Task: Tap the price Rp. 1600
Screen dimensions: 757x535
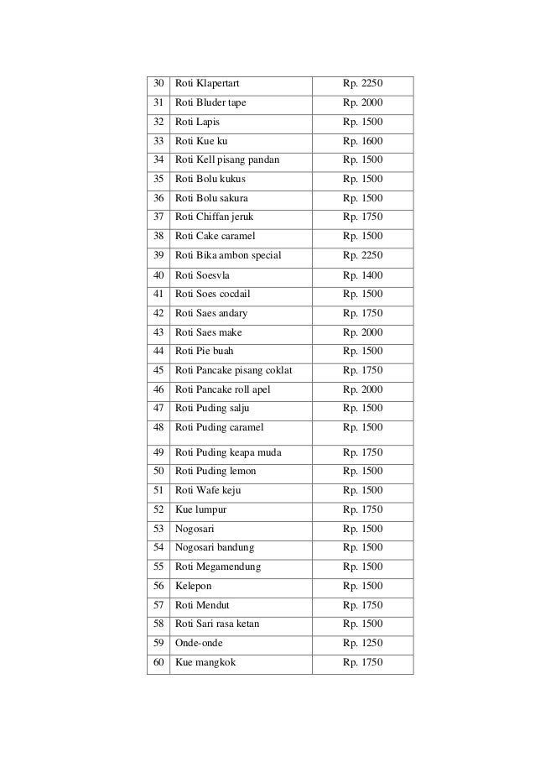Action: pos(362,141)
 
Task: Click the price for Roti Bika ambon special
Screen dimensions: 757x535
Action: pos(362,255)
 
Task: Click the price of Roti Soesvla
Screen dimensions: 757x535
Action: pos(362,275)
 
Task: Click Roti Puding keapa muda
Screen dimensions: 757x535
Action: pos(228,453)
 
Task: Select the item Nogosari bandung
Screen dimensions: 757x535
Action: pos(216,547)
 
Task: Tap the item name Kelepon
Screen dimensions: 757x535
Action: pos(194,586)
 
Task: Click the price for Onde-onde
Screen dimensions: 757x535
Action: pos(362,643)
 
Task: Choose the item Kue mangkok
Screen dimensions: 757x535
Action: pos(205,663)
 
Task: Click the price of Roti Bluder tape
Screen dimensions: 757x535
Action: pos(362,103)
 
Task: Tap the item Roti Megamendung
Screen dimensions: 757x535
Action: pos(218,566)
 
